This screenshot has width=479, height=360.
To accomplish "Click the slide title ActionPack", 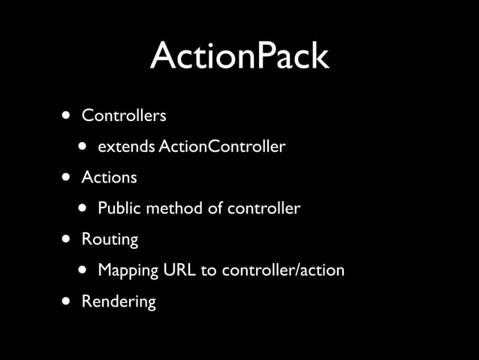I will click(239, 56).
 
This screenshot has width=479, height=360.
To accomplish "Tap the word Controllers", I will click(124, 116).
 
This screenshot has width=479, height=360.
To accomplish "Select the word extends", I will click(126, 147).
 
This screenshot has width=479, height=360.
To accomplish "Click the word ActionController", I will click(221, 147).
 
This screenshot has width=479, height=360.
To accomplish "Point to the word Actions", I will click(109, 177).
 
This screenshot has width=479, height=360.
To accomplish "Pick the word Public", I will click(119, 208).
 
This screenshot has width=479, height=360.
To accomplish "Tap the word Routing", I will click(110, 240).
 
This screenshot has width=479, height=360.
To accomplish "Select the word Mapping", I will click(128, 271).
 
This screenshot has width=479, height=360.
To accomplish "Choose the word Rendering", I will click(119, 301).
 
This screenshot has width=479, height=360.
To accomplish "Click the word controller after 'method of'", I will click(263, 208).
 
